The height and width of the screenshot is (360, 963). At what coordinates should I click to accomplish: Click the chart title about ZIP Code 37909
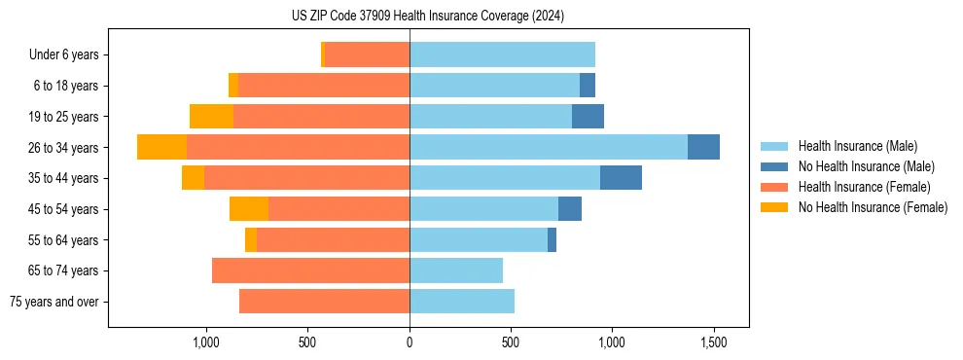(x=427, y=17)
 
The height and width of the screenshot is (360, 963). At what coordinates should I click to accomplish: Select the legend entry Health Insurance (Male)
(x=857, y=146)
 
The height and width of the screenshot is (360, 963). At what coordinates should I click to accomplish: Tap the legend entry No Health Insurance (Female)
(x=873, y=207)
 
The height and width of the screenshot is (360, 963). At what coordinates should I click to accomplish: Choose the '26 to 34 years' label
(x=64, y=148)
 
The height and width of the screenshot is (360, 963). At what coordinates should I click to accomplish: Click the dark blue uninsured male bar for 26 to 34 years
(x=703, y=147)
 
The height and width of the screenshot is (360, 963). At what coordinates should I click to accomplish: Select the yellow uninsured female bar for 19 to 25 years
(x=211, y=117)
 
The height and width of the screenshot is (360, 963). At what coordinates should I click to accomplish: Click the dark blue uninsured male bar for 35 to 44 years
(x=621, y=178)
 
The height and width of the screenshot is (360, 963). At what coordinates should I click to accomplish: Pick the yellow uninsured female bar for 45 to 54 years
(x=249, y=209)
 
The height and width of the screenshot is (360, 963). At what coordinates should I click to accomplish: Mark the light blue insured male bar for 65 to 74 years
(x=456, y=270)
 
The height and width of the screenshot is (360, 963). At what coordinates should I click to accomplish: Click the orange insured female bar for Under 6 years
(x=367, y=54)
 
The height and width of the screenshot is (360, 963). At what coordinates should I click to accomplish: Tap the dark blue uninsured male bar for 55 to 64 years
(x=552, y=239)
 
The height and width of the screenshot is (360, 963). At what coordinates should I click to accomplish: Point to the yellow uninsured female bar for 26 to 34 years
(x=161, y=147)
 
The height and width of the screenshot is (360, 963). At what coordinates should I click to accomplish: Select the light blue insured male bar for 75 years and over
(x=462, y=302)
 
